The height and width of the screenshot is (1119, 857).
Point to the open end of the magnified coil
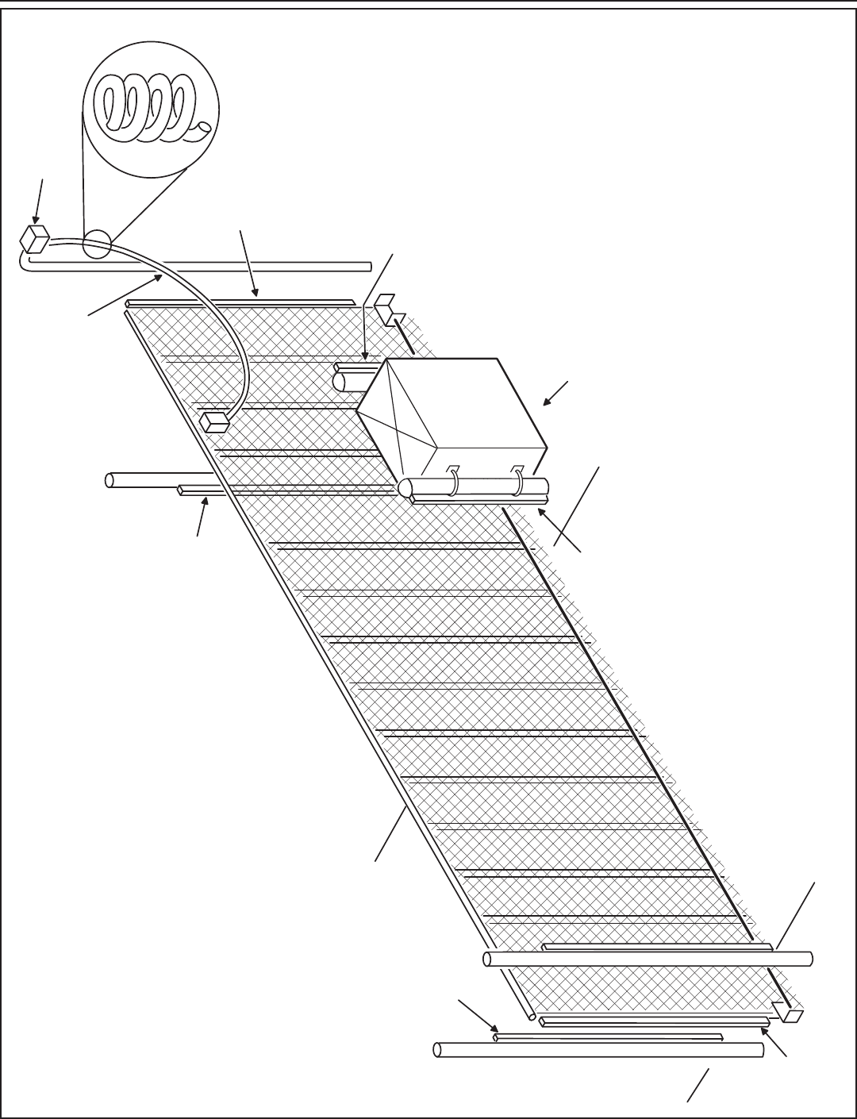(205, 127)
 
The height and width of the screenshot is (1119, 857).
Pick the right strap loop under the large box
(518, 478)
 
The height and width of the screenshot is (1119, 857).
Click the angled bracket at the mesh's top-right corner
(386, 310)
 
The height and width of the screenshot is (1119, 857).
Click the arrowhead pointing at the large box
(547, 403)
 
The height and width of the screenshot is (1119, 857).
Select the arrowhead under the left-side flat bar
(206, 501)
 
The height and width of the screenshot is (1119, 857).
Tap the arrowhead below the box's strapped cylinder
(543, 512)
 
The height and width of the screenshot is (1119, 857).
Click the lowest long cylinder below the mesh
(598, 1050)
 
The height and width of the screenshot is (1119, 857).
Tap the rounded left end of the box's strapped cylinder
(405, 487)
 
